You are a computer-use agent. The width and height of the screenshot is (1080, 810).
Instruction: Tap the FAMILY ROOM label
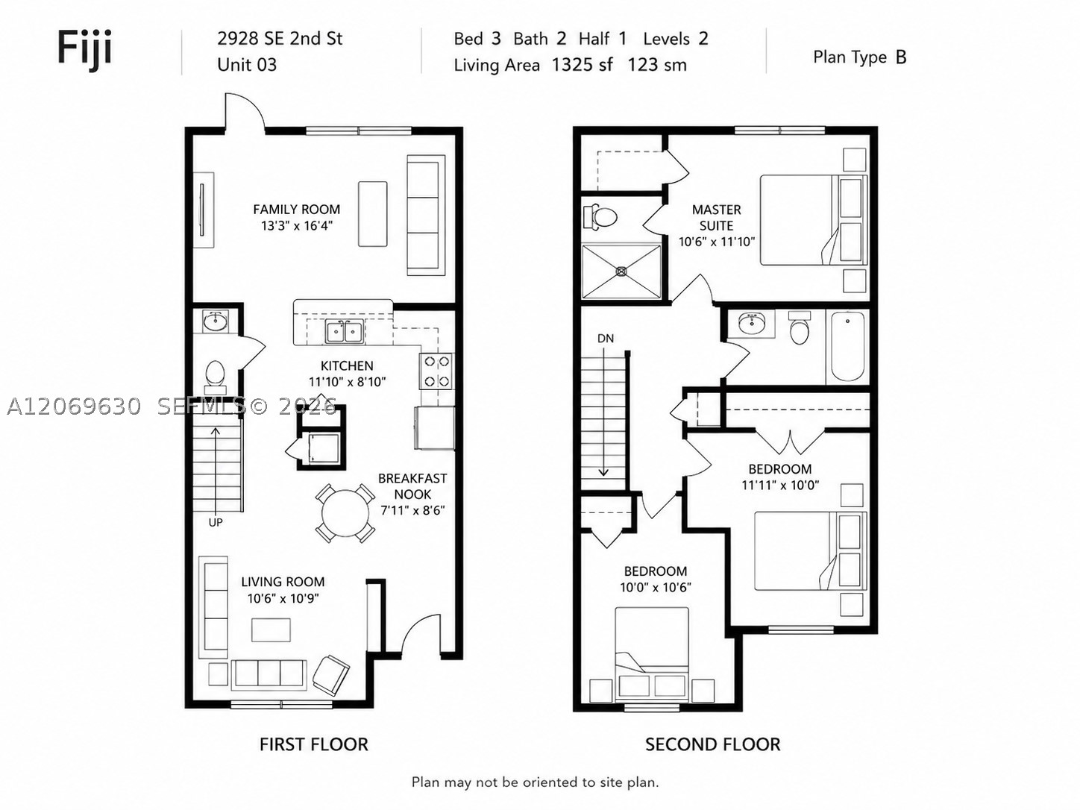click(297, 210)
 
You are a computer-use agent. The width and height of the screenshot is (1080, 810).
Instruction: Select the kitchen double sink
click(345, 332)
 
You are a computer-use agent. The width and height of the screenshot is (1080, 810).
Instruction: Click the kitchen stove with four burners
click(437, 371)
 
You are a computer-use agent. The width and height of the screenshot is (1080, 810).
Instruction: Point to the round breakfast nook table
click(345, 513)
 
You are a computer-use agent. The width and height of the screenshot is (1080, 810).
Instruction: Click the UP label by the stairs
click(216, 522)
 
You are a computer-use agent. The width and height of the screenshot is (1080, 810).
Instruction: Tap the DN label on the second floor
click(606, 339)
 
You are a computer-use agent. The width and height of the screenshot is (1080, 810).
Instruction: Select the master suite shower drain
click(621, 271)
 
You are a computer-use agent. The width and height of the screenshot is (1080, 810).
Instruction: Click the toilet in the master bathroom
click(600, 217)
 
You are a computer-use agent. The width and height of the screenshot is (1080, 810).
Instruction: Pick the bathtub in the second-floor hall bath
click(847, 346)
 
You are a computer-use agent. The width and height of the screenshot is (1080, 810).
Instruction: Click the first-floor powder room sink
click(216, 322)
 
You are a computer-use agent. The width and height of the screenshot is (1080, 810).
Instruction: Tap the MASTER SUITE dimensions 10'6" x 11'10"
click(716, 242)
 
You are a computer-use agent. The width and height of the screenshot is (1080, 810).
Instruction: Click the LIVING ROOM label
click(283, 582)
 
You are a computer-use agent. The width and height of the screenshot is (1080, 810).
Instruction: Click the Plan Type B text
click(859, 57)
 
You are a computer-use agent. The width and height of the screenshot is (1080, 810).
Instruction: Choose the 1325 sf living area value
click(582, 65)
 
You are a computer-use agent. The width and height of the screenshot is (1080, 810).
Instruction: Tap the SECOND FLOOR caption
click(713, 744)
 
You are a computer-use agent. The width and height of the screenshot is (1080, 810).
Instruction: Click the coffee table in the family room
click(372, 214)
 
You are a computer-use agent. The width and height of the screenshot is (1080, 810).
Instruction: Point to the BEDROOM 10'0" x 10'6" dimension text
click(656, 587)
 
